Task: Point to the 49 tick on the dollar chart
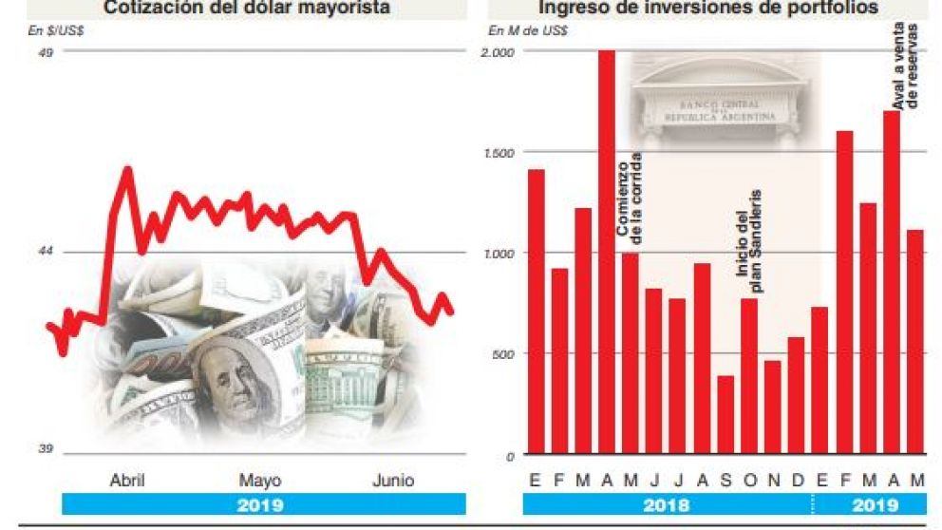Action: coord(45,52)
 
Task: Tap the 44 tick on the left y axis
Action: coord(45,251)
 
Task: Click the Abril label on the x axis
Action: coord(127,480)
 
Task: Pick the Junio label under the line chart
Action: coord(392,480)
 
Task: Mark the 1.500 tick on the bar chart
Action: coord(498,152)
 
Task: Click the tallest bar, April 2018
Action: coord(607,253)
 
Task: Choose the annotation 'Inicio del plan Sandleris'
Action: coord(749,245)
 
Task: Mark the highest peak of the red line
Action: coord(127,170)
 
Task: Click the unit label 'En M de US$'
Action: coord(528,30)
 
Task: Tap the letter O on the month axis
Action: coord(749,481)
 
